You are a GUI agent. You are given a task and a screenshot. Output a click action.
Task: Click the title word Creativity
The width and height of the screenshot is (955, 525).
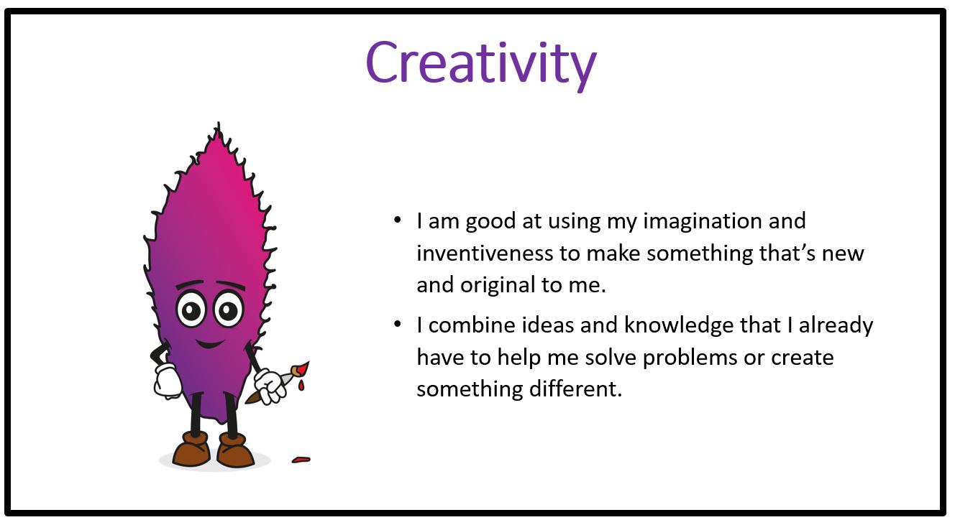[x=481, y=64]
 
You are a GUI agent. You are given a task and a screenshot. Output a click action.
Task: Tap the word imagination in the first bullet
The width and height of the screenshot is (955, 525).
[x=702, y=221]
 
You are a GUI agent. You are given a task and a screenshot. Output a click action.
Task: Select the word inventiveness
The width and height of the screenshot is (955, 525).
[x=484, y=253]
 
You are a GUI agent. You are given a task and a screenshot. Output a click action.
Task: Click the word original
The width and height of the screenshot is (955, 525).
[x=498, y=285]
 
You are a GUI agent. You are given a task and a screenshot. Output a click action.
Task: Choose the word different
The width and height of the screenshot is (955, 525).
[x=575, y=389]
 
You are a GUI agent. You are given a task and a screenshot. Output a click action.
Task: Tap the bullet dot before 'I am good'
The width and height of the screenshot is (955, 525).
[x=398, y=220]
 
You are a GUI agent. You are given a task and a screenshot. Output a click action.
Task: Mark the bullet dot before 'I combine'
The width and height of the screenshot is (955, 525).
[x=398, y=324]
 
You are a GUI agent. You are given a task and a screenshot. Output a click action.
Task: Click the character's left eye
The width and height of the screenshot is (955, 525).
[x=191, y=309]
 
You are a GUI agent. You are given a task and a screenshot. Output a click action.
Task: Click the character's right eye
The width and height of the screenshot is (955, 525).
[x=229, y=309]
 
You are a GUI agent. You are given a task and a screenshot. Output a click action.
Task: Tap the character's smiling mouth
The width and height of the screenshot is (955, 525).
[x=210, y=343]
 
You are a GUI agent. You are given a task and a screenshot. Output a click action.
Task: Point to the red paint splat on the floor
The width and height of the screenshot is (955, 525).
[x=301, y=460]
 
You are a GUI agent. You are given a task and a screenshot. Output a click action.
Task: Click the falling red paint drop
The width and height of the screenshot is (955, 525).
[x=301, y=386]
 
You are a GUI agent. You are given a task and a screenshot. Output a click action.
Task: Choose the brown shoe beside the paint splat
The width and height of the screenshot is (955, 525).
[x=235, y=450]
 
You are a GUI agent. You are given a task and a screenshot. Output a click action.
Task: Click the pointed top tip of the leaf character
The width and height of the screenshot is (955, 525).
[x=219, y=123]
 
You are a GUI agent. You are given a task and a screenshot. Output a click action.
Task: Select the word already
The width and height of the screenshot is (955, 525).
[x=836, y=326]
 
